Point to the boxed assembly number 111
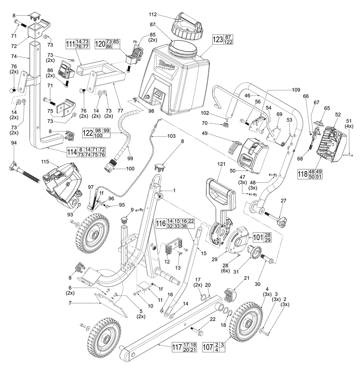point(70,44)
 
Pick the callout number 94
point(14,144)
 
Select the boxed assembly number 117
point(177,348)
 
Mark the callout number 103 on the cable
point(171,136)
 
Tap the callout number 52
point(338,114)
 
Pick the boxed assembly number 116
point(161,224)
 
